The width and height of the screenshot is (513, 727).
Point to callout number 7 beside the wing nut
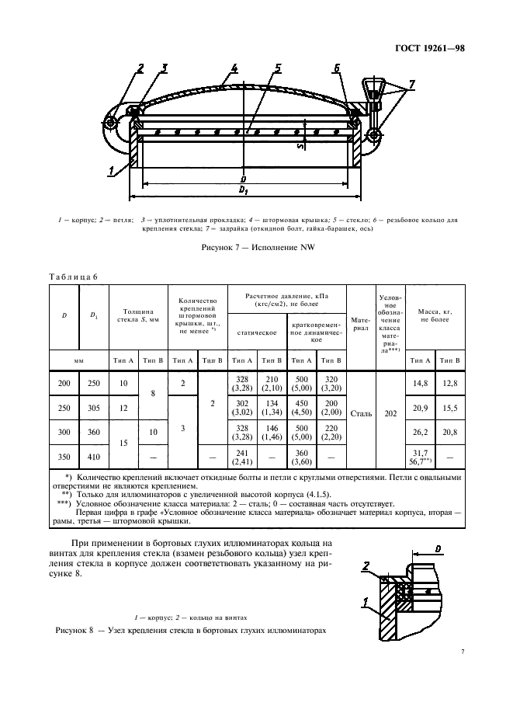412,83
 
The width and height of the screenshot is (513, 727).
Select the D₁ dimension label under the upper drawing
244,189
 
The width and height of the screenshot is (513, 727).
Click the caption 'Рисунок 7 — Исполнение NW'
256,247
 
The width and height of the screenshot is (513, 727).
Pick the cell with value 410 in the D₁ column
94,457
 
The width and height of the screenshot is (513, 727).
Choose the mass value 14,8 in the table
420,381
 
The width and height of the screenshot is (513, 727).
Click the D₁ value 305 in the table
94,408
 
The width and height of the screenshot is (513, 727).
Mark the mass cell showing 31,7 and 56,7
420,457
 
